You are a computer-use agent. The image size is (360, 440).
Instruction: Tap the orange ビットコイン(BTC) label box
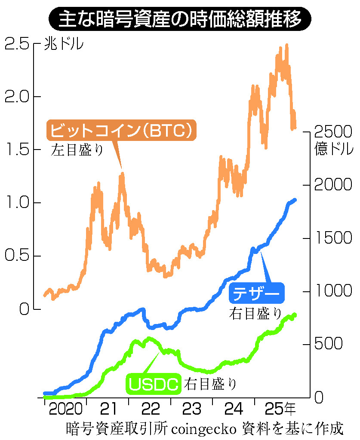click(121, 130)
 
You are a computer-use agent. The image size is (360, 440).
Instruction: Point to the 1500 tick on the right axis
click(333, 238)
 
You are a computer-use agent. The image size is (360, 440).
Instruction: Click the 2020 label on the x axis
click(65, 408)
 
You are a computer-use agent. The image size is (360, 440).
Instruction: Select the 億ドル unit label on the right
click(334, 149)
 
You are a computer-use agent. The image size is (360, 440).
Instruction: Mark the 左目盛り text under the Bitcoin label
click(77, 150)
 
